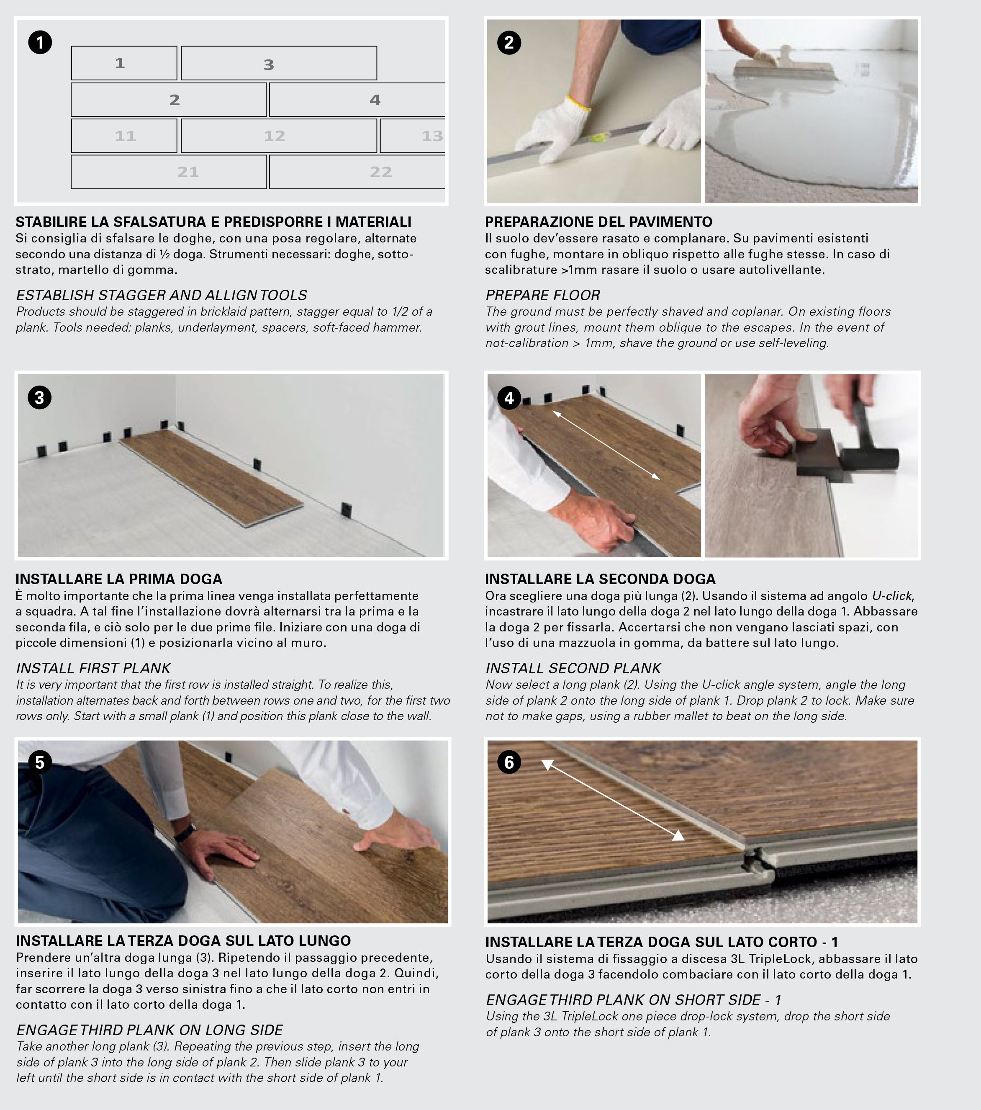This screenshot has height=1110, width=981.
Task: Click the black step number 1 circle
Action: coord(40,42)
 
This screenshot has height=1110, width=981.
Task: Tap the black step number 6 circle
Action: coord(508,762)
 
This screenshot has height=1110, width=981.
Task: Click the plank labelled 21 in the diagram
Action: coord(169,172)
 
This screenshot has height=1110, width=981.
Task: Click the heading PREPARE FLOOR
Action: coord(542,296)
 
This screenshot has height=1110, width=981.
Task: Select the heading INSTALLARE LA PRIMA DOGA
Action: coord(119,579)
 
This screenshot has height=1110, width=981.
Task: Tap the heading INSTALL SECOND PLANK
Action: coord(573,668)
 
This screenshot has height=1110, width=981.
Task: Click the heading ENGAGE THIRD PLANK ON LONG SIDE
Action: coord(149,1030)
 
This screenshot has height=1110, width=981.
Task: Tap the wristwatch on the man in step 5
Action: coord(185,832)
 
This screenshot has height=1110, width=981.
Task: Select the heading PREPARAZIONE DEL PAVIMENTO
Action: coord(598,221)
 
